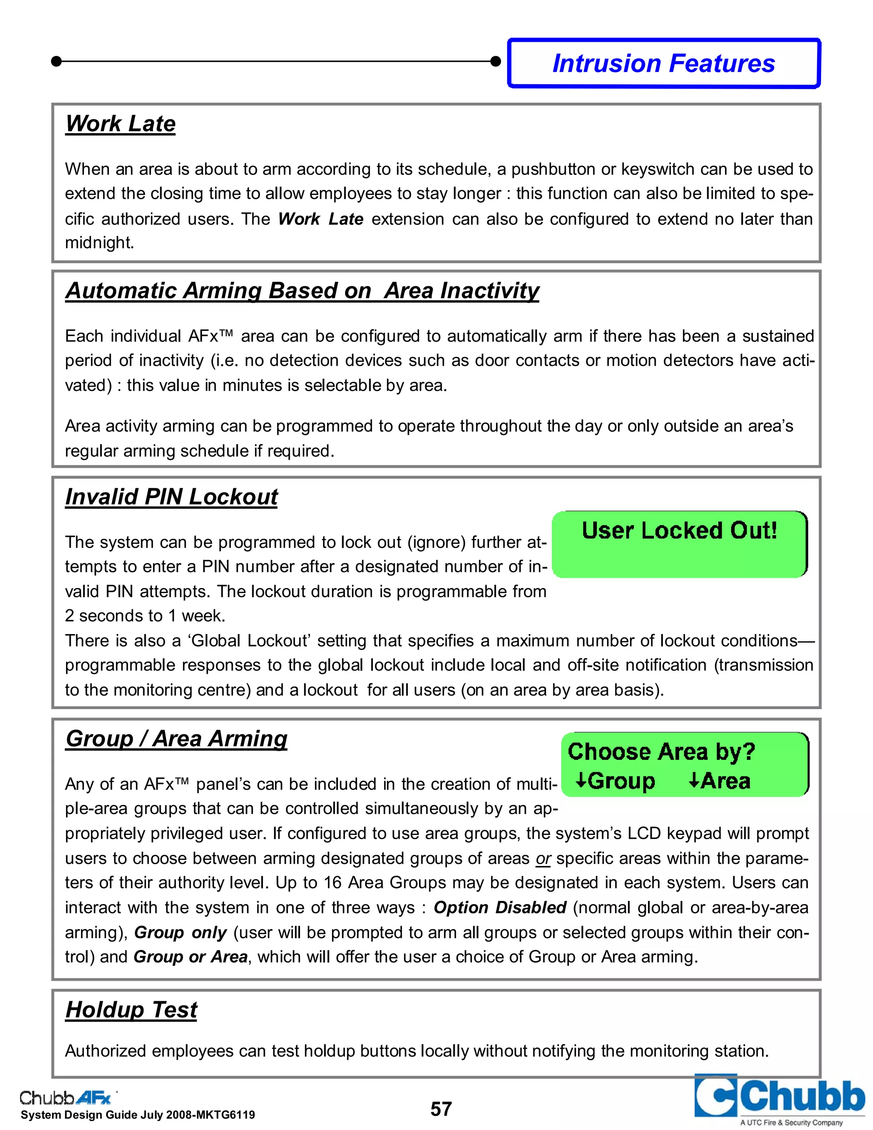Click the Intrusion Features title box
[x=664, y=63]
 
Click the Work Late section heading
[x=121, y=124]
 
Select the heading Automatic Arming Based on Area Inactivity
[x=302, y=291]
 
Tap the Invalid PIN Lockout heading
[x=171, y=497]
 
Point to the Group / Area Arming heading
[x=176, y=738]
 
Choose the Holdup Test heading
[x=131, y=1009]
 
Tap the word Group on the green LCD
[x=621, y=781]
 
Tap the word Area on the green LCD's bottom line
[x=725, y=781]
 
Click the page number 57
[x=441, y=1109]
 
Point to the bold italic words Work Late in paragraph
[x=321, y=219]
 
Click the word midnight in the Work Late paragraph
[x=99, y=243]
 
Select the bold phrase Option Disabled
[x=500, y=907]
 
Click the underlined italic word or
[x=543, y=858]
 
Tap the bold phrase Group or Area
[x=190, y=957]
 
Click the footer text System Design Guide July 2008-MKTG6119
[x=138, y=1115]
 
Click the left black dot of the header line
[x=57, y=61]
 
